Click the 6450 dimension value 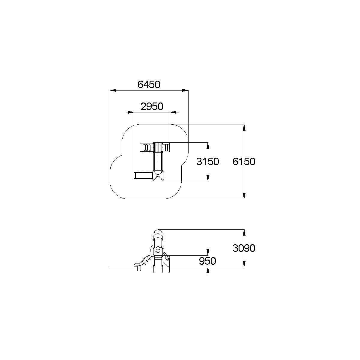coord(149,85)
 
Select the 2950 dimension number coord(152,106)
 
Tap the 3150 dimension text coord(207,162)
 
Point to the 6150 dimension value coord(244,162)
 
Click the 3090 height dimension coord(244,248)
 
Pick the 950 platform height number coord(207,261)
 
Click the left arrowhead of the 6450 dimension coord(113,91)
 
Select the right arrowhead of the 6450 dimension coord(185,91)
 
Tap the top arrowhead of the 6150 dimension coord(244,127)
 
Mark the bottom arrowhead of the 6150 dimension coord(244,196)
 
